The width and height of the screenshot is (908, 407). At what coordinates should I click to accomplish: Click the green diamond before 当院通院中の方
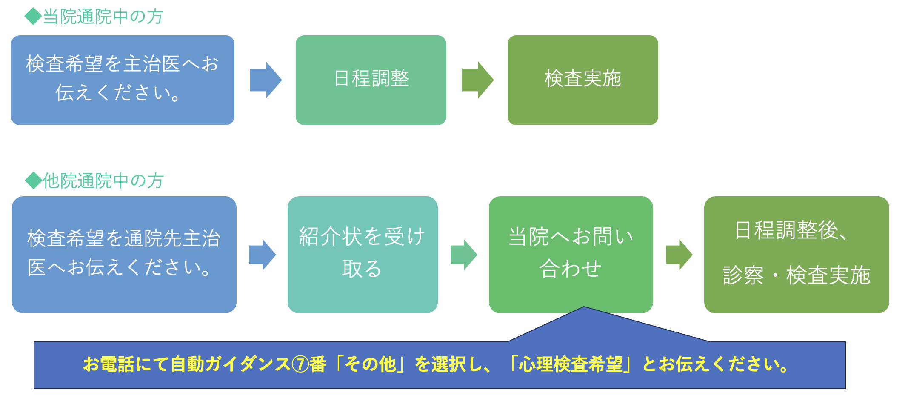point(33,17)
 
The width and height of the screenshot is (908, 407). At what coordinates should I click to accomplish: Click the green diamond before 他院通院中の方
point(34,181)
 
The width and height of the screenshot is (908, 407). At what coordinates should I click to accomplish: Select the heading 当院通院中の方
point(103,17)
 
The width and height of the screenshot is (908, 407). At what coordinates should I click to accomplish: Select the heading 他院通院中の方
point(103,181)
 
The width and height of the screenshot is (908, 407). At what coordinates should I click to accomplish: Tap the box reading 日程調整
point(371,80)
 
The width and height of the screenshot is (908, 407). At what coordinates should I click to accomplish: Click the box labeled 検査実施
point(582,80)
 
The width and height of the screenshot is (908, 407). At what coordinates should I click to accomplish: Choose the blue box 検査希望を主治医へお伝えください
point(123,80)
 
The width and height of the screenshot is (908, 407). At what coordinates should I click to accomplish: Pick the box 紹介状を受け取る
point(363,255)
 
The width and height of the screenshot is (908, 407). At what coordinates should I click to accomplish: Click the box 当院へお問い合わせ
point(571,255)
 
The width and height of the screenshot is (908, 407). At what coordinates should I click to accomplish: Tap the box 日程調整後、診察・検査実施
point(797,255)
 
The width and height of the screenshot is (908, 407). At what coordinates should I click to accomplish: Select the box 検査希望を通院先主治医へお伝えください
point(124,255)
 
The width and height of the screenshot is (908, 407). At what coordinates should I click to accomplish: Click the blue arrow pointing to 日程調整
point(266,80)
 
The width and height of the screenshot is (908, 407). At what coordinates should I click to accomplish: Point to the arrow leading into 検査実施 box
point(478,80)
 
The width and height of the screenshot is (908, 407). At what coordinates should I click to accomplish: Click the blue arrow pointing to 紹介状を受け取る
point(263,255)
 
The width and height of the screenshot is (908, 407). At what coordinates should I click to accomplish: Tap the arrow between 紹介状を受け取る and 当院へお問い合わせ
point(464,255)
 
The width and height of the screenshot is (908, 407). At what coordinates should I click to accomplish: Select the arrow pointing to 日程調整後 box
point(679,255)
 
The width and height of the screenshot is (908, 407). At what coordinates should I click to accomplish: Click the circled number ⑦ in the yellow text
point(300,364)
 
